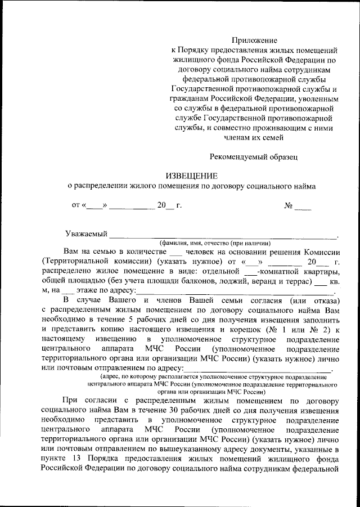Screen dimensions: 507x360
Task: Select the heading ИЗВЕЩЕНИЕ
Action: (x=191, y=176)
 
